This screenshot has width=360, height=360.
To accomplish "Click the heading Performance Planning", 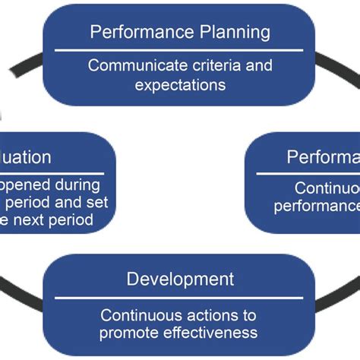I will [x=180, y=32].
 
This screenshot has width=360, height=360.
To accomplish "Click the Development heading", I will [x=180, y=279].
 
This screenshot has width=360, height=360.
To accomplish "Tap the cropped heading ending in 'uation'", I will [x=27, y=157].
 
